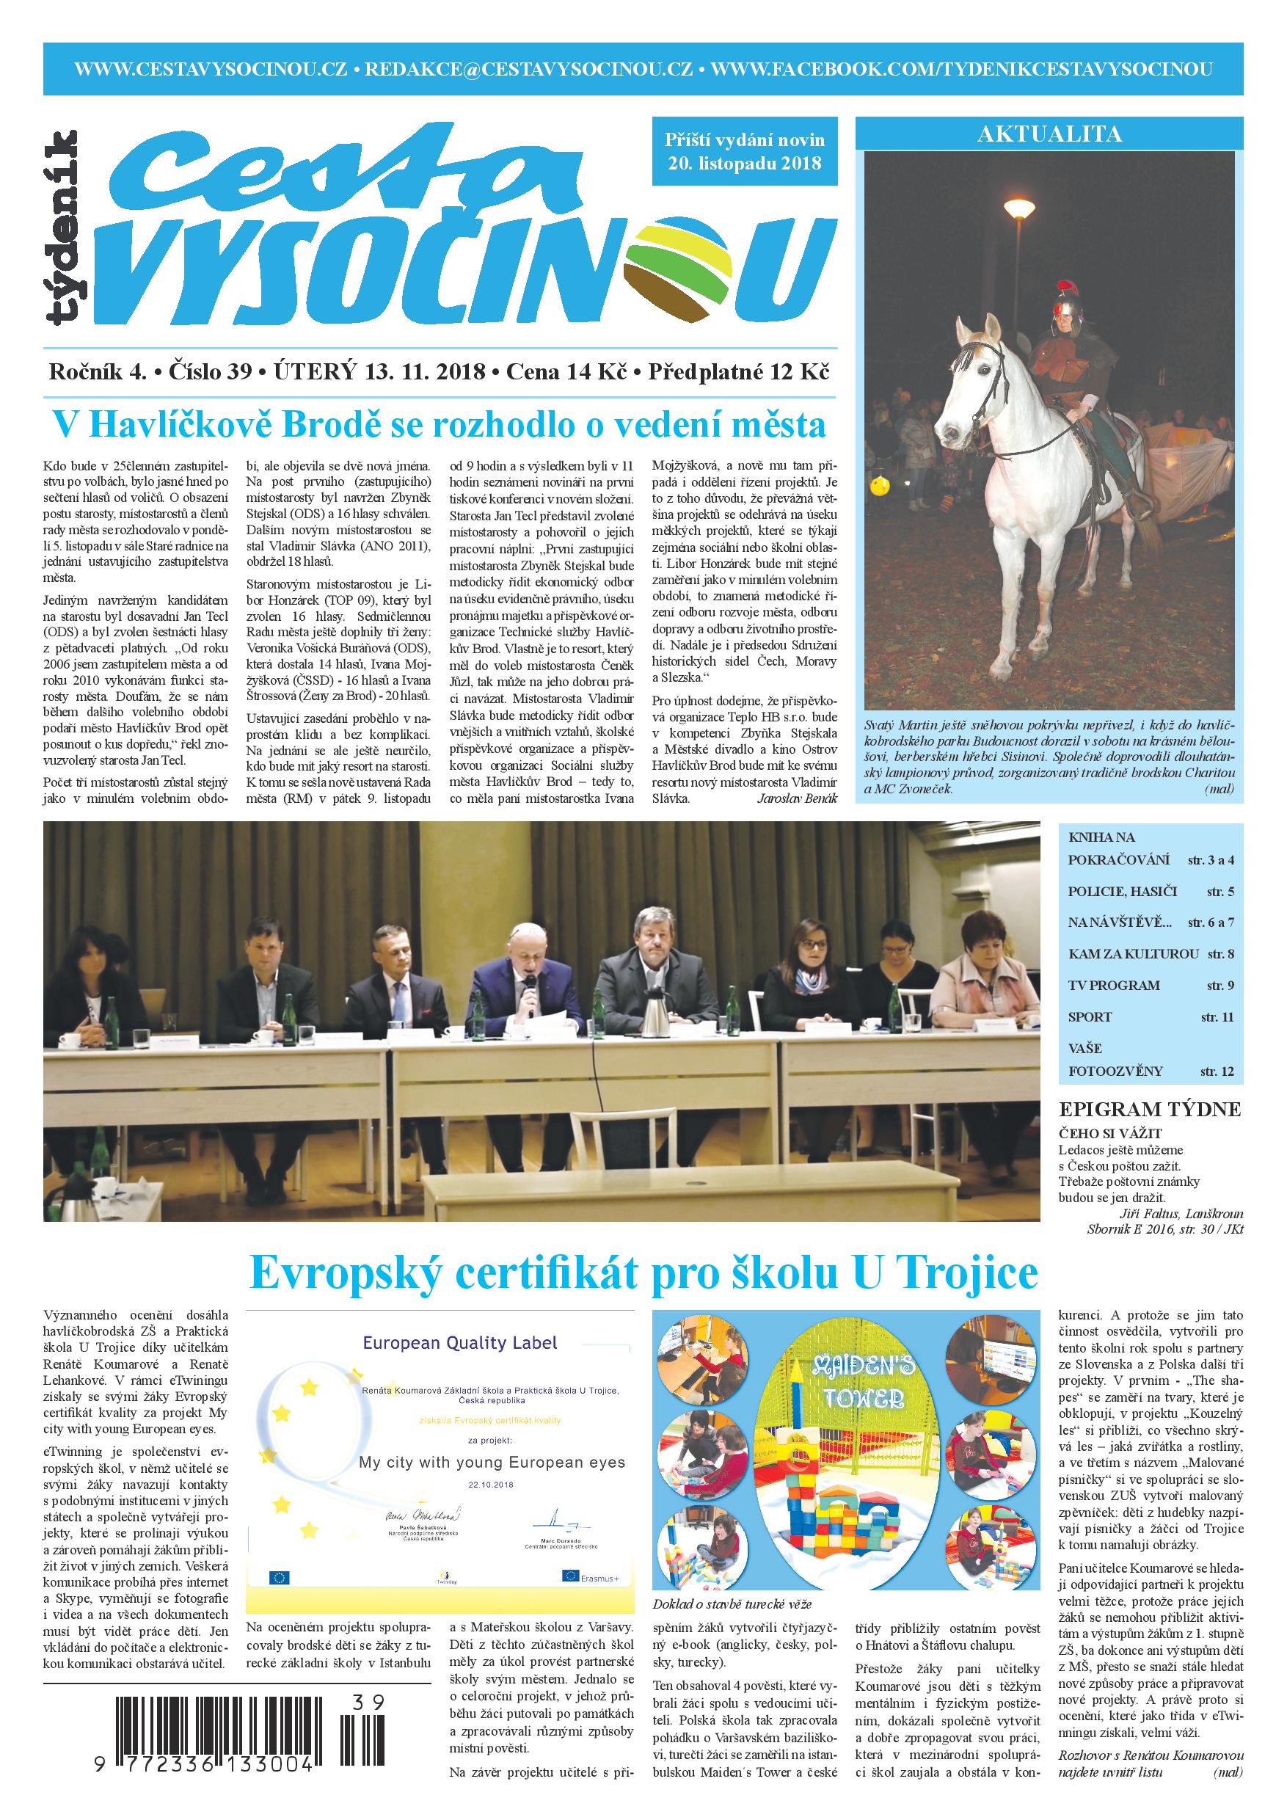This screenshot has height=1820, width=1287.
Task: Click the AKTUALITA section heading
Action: click(x=1049, y=134)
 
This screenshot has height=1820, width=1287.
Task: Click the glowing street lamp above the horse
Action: click(x=1019, y=208)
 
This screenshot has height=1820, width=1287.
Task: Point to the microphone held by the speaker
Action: click(x=528, y=986)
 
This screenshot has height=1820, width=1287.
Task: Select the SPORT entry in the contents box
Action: click(x=1090, y=1016)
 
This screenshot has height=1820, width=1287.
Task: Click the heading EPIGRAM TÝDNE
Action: click(x=1150, y=1109)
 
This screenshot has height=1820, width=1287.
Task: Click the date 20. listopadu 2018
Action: click(x=744, y=164)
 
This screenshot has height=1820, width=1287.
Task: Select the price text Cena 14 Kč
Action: click(x=566, y=371)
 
